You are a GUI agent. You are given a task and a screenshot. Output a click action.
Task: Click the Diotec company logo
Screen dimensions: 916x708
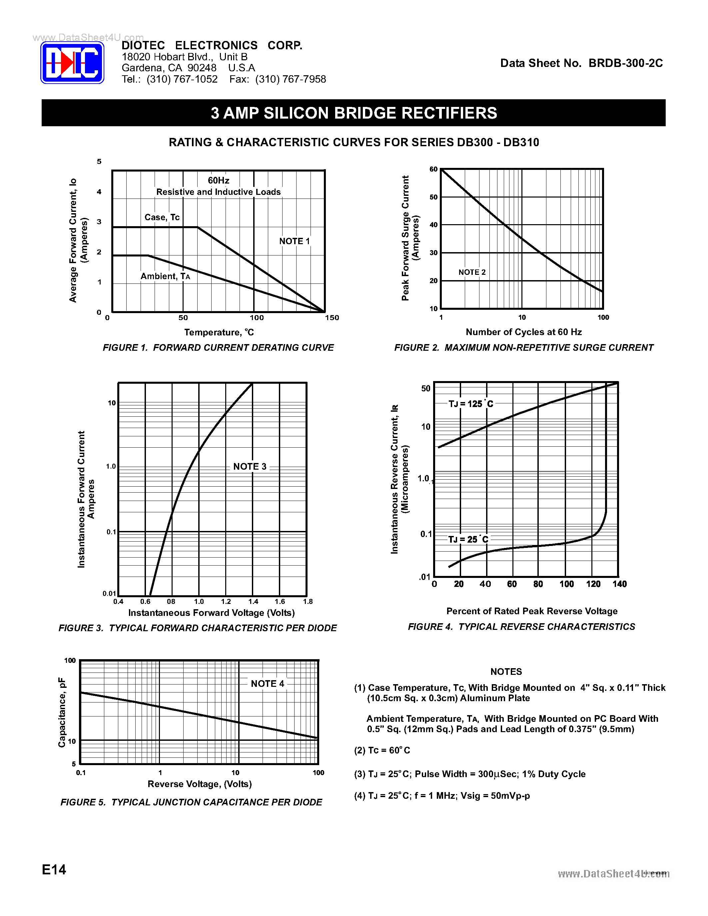pyautogui.click(x=72, y=63)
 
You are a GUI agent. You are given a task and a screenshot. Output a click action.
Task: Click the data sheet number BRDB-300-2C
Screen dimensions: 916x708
pyautogui.click(x=625, y=63)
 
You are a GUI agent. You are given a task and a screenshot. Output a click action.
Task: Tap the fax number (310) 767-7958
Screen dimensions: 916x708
pyautogui.click(x=290, y=79)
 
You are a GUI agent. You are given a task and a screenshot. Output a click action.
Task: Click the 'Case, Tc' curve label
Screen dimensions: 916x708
pyautogui.click(x=162, y=217)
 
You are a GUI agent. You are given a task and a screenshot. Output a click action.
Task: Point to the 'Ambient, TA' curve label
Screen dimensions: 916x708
pyautogui.click(x=165, y=276)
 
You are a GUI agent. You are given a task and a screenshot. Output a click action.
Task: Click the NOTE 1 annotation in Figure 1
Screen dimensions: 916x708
pyautogui.click(x=294, y=241)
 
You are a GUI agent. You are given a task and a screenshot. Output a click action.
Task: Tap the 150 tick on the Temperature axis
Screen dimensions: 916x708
pyautogui.click(x=332, y=318)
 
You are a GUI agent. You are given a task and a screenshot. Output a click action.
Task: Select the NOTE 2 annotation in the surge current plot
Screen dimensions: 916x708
pyautogui.click(x=472, y=272)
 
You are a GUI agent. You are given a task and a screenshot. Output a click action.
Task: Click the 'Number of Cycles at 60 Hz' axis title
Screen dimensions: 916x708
pyautogui.click(x=523, y=332)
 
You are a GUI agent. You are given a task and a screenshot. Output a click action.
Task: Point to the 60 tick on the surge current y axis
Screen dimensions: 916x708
pyautogui.click(x=433, y=170)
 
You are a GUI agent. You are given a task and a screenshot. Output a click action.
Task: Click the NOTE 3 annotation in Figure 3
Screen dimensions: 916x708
pyautogui.click(x=250, y=466)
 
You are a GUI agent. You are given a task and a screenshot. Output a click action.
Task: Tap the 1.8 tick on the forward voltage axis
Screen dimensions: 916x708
pyautogui.click(x=308, y=602)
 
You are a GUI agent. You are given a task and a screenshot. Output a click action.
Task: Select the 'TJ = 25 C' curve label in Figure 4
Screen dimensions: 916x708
pyautogui.click(x=468, y=539)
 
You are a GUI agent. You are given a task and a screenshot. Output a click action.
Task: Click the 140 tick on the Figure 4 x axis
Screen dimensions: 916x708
pyautogui.click(x=619, y=584)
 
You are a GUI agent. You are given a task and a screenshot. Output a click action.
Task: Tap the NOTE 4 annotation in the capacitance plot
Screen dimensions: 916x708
pyautogui.click(x=267, y=684)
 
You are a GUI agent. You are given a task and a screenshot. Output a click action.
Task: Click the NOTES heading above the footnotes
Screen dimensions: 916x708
pyautogui.click(x=506, y=672)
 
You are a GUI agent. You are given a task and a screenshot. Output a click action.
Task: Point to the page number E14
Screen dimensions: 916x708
pyautogui.click(x=54, y=870)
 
